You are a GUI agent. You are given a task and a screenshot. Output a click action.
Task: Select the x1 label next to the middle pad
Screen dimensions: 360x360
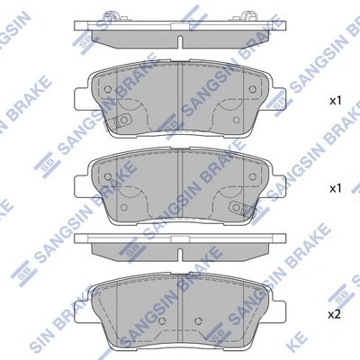tap(336, 188)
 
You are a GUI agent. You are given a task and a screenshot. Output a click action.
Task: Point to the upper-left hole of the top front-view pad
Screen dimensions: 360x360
tap(107, 90)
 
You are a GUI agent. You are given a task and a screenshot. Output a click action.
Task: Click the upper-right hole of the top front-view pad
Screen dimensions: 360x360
tap(253, 90)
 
